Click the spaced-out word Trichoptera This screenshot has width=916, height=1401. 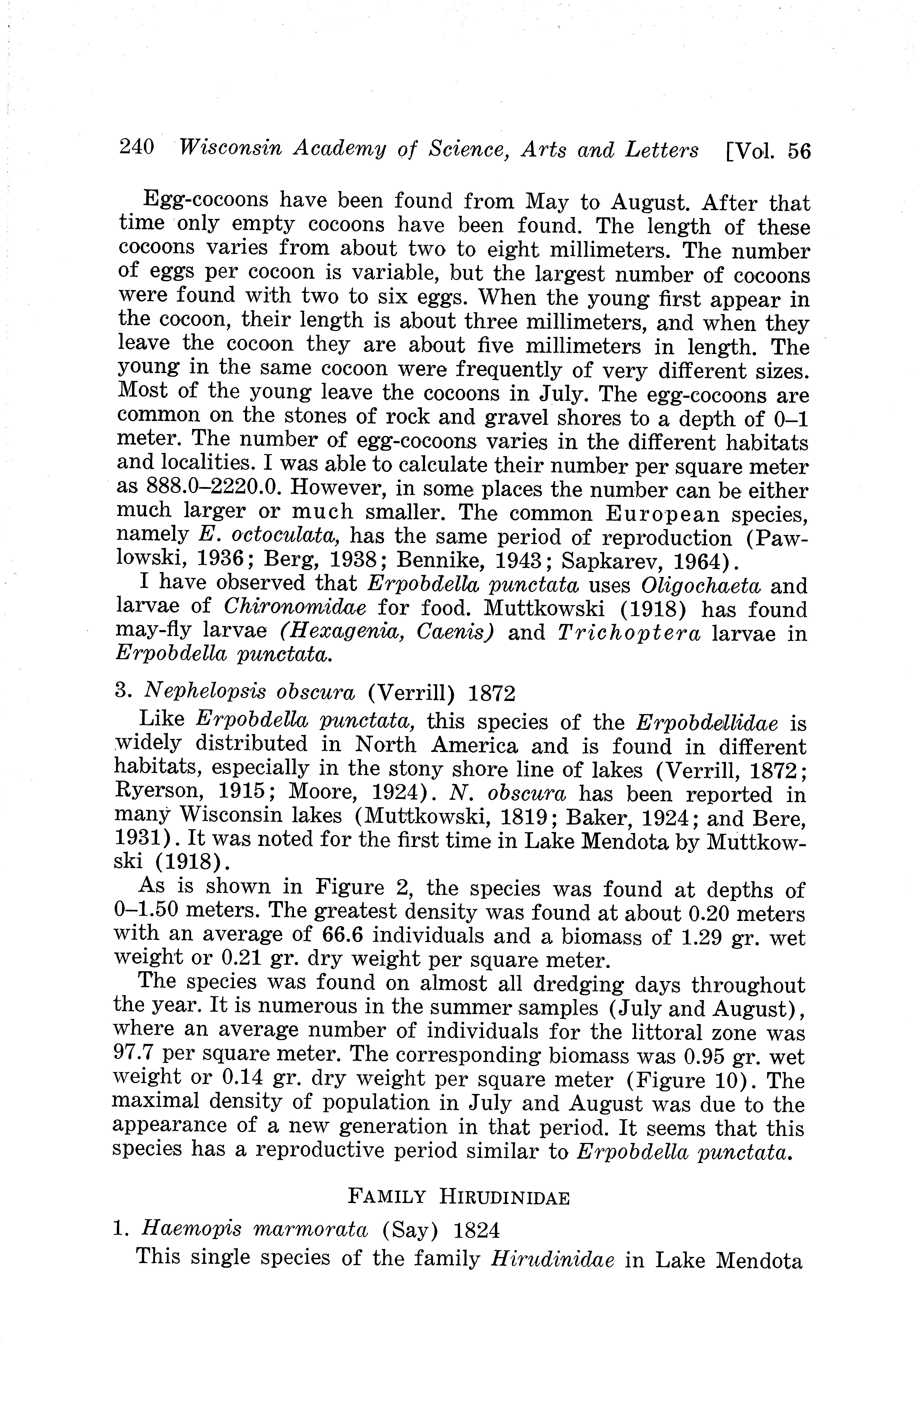pos(628,633)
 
